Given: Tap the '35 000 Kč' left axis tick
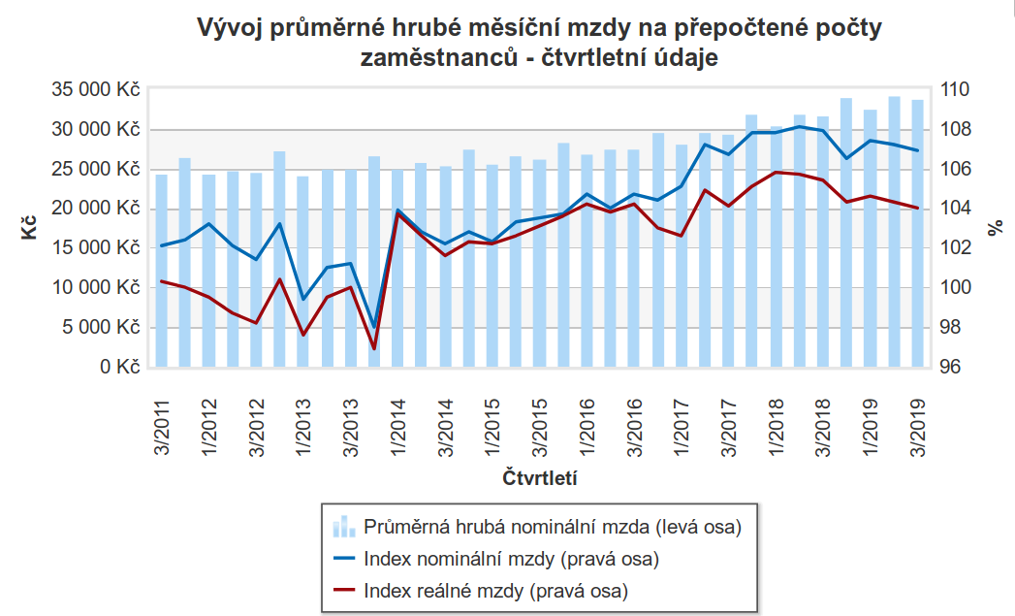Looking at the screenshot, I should [95, 90].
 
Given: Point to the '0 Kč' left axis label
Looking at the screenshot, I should [119, 368].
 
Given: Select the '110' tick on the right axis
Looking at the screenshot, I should [957, 90].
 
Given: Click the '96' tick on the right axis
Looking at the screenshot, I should [952, 368].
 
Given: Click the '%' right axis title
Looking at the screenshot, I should [996, 229].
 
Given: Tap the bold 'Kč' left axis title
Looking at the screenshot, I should [29, 229].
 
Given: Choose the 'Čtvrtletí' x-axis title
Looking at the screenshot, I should [540, 478].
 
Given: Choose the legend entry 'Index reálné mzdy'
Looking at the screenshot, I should [495, 590].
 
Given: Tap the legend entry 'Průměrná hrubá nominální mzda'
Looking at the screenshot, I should [553, 528].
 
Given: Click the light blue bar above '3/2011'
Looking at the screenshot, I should [162, 272].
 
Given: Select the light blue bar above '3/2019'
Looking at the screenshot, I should [917, 234].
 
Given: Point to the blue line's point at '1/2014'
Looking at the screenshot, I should [398, 210].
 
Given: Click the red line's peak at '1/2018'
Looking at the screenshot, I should [776, 172].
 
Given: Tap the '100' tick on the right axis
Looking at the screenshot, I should [957, 288].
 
